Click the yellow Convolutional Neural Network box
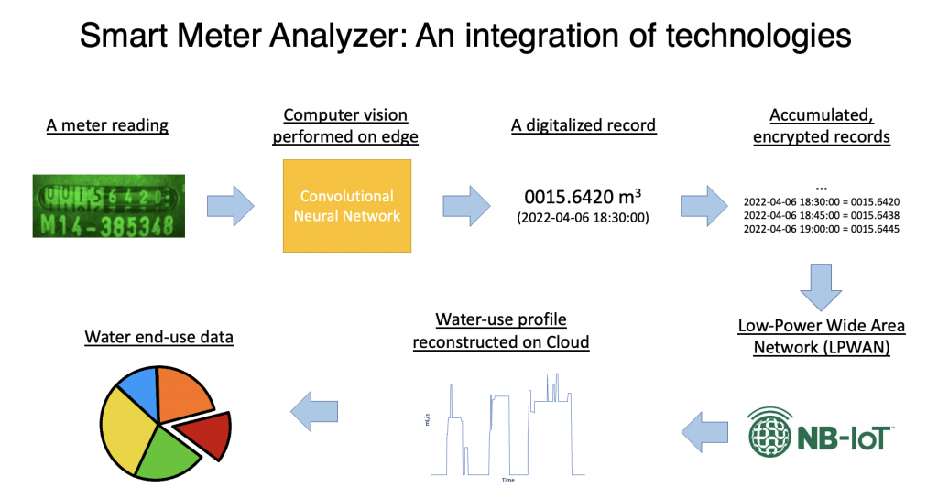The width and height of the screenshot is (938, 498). [346, 206]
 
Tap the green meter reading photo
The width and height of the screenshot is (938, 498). [108, 206]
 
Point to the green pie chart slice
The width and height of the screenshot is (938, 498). [167, 450]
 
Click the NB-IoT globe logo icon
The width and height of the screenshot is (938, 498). [775, 431]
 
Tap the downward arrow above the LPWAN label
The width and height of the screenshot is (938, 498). [820, 286]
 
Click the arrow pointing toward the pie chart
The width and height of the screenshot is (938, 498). [314, 407]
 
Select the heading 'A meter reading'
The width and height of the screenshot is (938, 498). [107, 125]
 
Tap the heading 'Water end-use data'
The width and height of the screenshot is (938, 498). [158, 337]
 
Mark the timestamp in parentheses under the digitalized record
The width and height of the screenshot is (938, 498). [583, 218]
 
